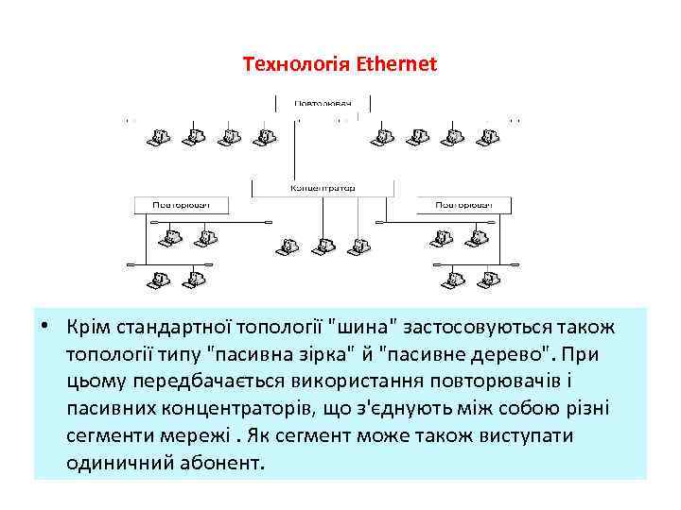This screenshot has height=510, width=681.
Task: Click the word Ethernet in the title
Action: pyautogui.click(x=397, y=65)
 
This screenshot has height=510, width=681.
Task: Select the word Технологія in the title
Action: pyautogui.click(x=298, y=65)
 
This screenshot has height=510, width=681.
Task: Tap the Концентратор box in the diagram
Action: pyautogui.click(x=322, y=188)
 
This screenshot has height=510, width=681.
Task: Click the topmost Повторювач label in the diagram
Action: pyautogui.click(x=323, y=102)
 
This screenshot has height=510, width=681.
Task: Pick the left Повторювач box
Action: pyautogui.click(x=179, y=204)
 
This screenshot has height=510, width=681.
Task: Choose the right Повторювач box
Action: pyautogui.click(x=463, y=204)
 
